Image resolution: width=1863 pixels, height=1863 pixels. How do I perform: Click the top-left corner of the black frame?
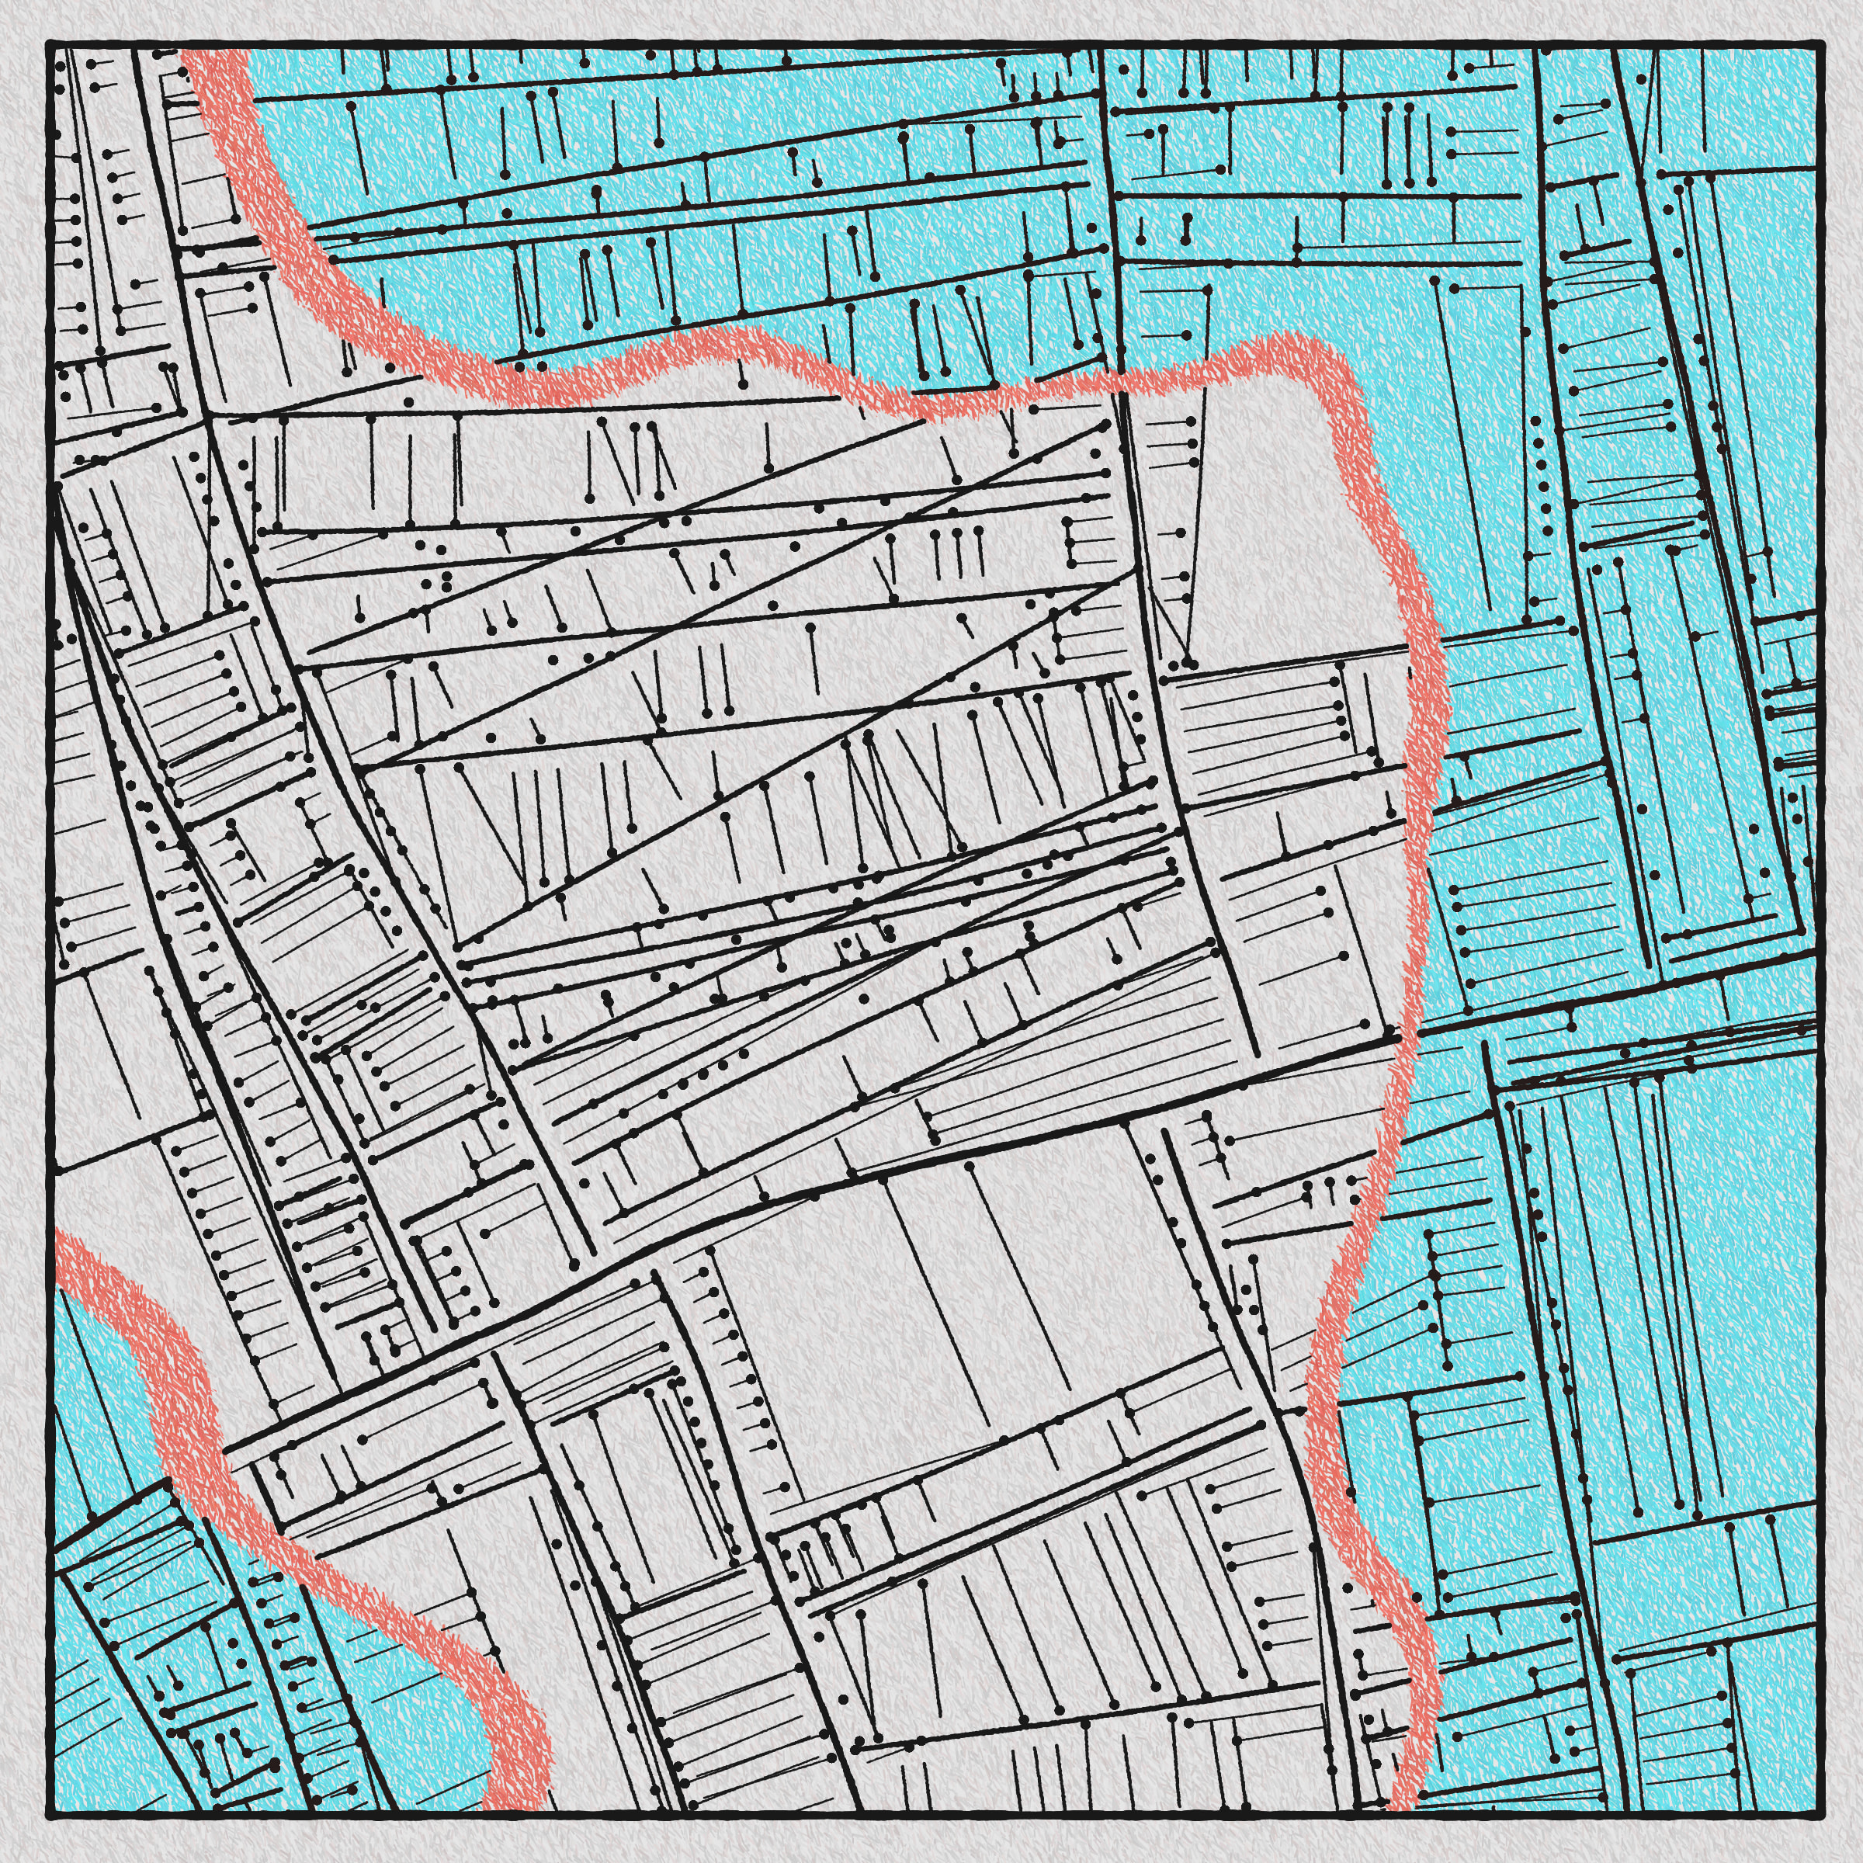[x=48, y=43]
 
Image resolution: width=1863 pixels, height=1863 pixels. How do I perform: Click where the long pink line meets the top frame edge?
[x=214, y=44]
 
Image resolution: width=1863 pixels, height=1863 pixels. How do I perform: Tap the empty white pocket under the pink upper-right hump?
[x=1282, y=540]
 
